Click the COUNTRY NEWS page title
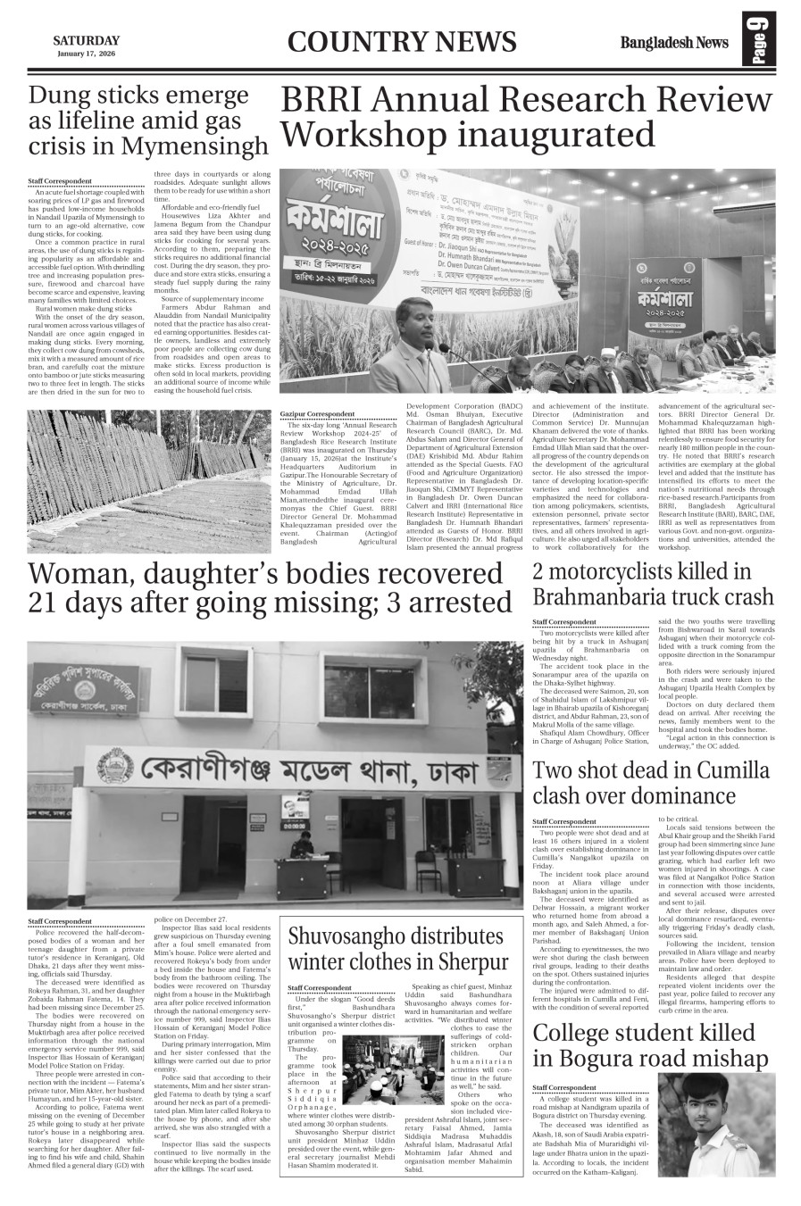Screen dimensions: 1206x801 [x=403, y=42]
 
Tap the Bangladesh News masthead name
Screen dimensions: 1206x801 [x=675, y=43]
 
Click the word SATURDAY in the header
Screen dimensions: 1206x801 [x=86, y=40]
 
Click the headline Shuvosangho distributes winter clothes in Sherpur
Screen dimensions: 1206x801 [x=397, y=949]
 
